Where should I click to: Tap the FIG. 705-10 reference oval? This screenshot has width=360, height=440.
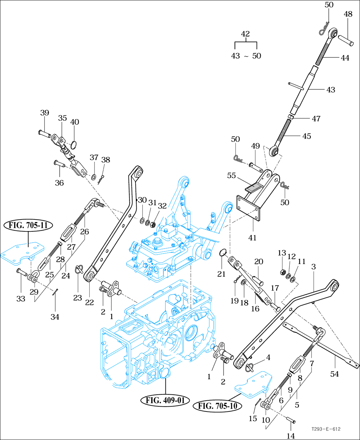(218, 406)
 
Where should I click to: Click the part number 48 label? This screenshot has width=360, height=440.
(348, 14)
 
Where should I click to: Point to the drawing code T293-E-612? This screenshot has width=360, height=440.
(325, 429)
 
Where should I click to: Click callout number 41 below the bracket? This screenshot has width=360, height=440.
(252, 238)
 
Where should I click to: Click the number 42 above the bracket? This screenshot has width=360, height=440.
(246, 34)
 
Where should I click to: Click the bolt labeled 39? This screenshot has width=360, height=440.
(44, 133)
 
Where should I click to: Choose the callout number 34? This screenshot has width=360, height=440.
(54, 317)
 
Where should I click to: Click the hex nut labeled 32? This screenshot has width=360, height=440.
(153, 223)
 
